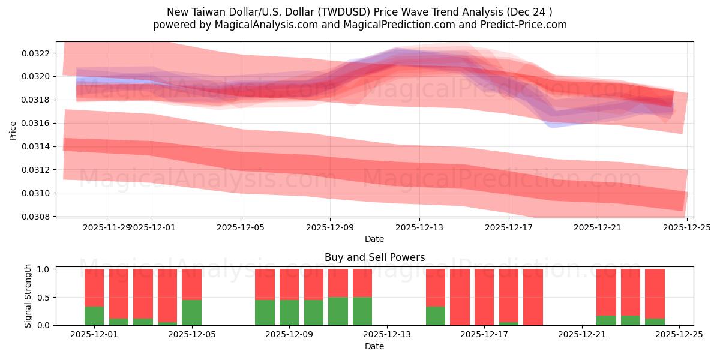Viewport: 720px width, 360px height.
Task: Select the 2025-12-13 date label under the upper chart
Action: point(419,227)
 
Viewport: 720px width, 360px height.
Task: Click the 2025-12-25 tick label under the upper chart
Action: point(686,227)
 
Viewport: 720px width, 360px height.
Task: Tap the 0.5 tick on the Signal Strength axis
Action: point(46,298)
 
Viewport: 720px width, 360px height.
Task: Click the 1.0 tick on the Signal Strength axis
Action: point(46,269)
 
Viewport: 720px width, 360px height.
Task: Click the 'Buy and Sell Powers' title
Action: point(374,257)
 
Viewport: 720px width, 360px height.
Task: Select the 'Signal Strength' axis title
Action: point(28,297)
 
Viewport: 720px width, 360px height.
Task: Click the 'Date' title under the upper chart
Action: point(374,239)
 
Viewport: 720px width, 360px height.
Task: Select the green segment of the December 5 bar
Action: point(191,313)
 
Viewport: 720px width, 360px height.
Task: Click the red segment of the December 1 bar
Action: point(94,288)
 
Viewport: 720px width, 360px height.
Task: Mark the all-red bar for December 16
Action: point(460,297)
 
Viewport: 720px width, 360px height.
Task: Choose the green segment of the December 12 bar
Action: point(362,311)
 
